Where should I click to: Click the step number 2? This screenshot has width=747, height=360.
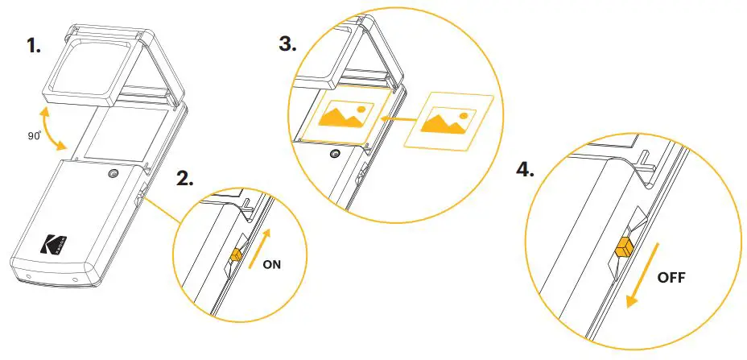point(184,179)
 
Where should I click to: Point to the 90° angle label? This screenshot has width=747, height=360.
point(34,136)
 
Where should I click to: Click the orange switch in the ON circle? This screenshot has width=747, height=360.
point(235,254)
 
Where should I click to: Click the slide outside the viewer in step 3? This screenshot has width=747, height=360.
point(448,121)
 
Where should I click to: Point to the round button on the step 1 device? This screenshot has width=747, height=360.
point(111,174)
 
